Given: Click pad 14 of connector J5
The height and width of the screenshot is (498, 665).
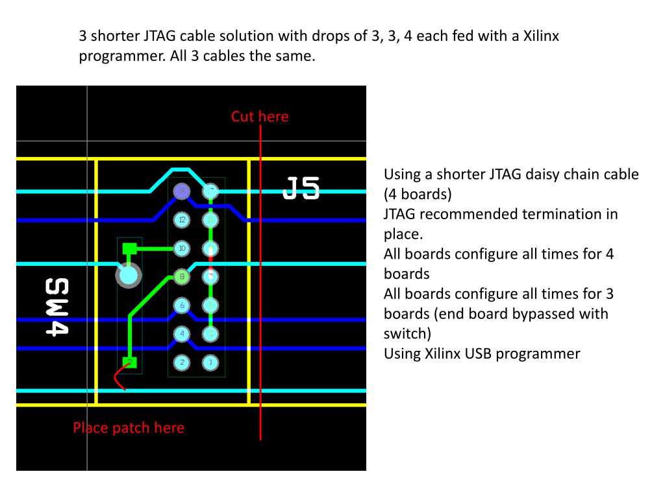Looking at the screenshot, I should point(182,191).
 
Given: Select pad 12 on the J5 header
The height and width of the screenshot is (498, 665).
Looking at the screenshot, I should point(182,220).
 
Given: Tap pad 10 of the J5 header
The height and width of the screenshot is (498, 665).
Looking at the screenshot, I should point(182,248).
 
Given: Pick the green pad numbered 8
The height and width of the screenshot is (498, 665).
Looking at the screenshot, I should point(182,277).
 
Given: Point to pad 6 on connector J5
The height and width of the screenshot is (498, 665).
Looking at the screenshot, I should point(182,305).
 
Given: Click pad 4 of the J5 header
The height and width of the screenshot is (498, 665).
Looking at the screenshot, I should point(182,334).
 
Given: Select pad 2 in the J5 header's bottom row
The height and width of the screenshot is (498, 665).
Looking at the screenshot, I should point(182,362).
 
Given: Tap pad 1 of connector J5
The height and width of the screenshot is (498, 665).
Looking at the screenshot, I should point(210,362).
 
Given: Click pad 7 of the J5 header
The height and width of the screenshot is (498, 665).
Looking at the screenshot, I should point(210,277).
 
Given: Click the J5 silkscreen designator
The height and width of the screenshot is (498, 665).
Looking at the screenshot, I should point(301,189).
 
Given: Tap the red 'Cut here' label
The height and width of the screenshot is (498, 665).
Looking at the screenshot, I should point(259,117).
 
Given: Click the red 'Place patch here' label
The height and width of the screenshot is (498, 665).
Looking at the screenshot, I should point(129,428).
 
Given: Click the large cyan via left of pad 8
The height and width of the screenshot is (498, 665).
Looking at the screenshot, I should point(129,276).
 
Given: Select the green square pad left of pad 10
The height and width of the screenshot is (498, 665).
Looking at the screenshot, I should point(129,248).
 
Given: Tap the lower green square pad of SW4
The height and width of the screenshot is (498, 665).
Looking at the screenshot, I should point(130,362).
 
